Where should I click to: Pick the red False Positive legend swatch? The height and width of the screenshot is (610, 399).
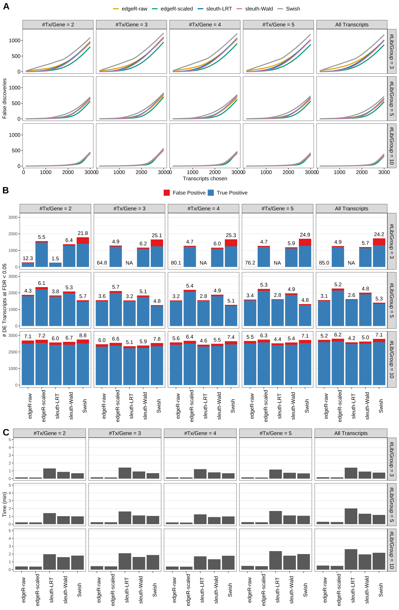[x=167, y=193]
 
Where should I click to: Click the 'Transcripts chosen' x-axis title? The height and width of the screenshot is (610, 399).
[x=205, y=179]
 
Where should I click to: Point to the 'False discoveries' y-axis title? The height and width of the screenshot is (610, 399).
[x=4, y=98]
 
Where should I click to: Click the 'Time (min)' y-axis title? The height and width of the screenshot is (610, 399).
[x=4, y=504]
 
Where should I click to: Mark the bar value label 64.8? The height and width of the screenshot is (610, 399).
[x=102, y=263]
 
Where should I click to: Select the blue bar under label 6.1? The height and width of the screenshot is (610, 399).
[x=42, y=308]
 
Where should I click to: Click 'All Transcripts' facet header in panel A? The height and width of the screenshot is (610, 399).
[x=352, y=25]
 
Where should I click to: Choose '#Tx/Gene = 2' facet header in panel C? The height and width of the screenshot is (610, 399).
[x=50, y=433]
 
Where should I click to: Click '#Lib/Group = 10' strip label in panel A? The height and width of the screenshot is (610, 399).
[x=392, y=146]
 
